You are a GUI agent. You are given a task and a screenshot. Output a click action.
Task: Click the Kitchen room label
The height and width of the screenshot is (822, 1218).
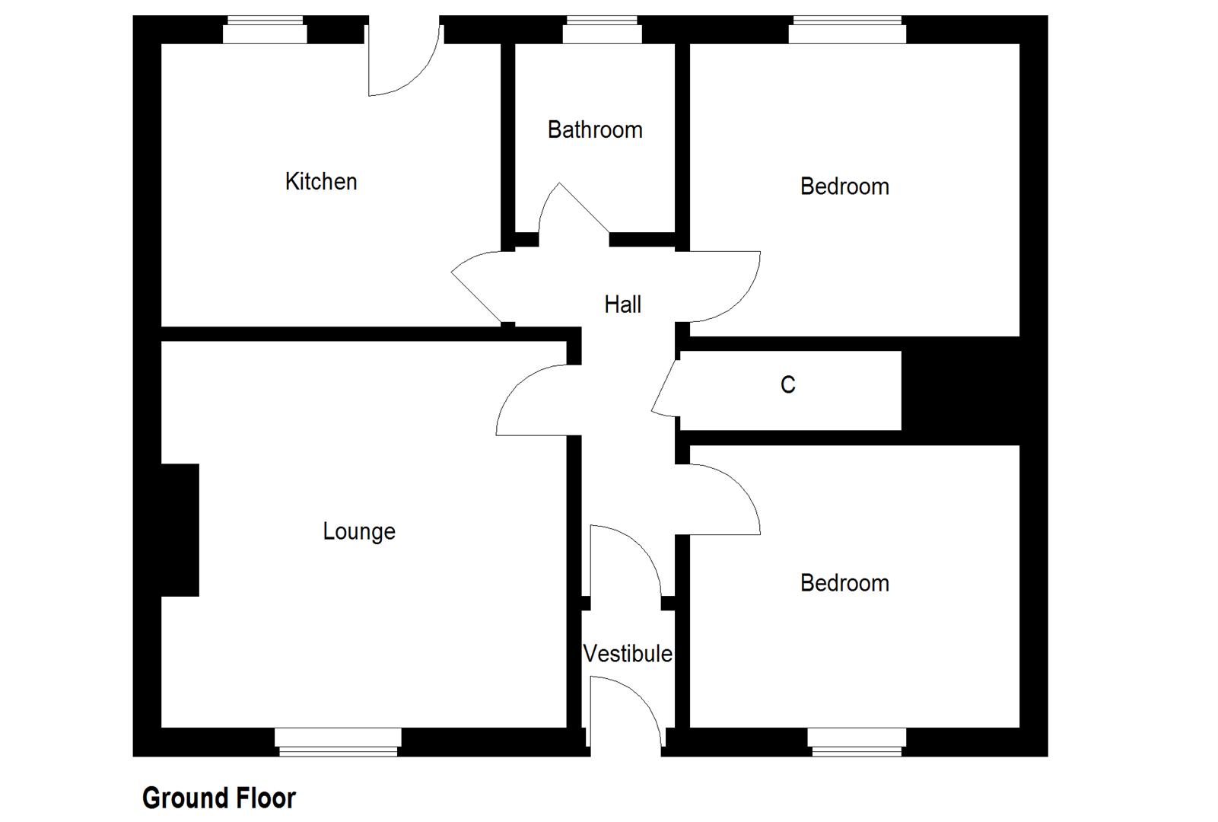tap(320, 182)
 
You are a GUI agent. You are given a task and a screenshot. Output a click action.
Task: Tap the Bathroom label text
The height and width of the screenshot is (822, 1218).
tap(595, 130)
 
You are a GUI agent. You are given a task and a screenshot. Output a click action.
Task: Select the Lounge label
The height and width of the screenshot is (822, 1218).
tap(359, 531)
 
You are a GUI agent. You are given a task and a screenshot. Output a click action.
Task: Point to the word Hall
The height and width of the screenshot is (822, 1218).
tap(622, 305)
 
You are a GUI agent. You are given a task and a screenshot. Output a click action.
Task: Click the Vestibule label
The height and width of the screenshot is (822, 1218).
tap(628, 654)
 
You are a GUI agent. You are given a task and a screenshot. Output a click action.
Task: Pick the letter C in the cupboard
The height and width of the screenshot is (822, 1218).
tap(787, 385)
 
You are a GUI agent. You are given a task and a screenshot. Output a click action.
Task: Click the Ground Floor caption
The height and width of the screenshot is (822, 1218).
tap(219, 798)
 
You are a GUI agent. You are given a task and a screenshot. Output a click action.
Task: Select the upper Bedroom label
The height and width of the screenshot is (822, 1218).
tap(844, 186)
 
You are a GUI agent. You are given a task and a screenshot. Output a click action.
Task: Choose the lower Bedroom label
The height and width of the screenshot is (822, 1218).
tap(844, 584)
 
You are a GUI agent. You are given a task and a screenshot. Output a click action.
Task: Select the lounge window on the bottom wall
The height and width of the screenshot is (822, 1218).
tap(338, 741)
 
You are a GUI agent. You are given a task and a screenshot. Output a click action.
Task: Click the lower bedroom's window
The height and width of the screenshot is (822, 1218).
tap(857, 741)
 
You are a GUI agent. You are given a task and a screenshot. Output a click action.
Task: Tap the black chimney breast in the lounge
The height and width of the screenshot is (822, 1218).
tap(180, 530)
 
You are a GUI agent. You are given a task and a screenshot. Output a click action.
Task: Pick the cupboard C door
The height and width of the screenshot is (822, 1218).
tap(666, 390)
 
